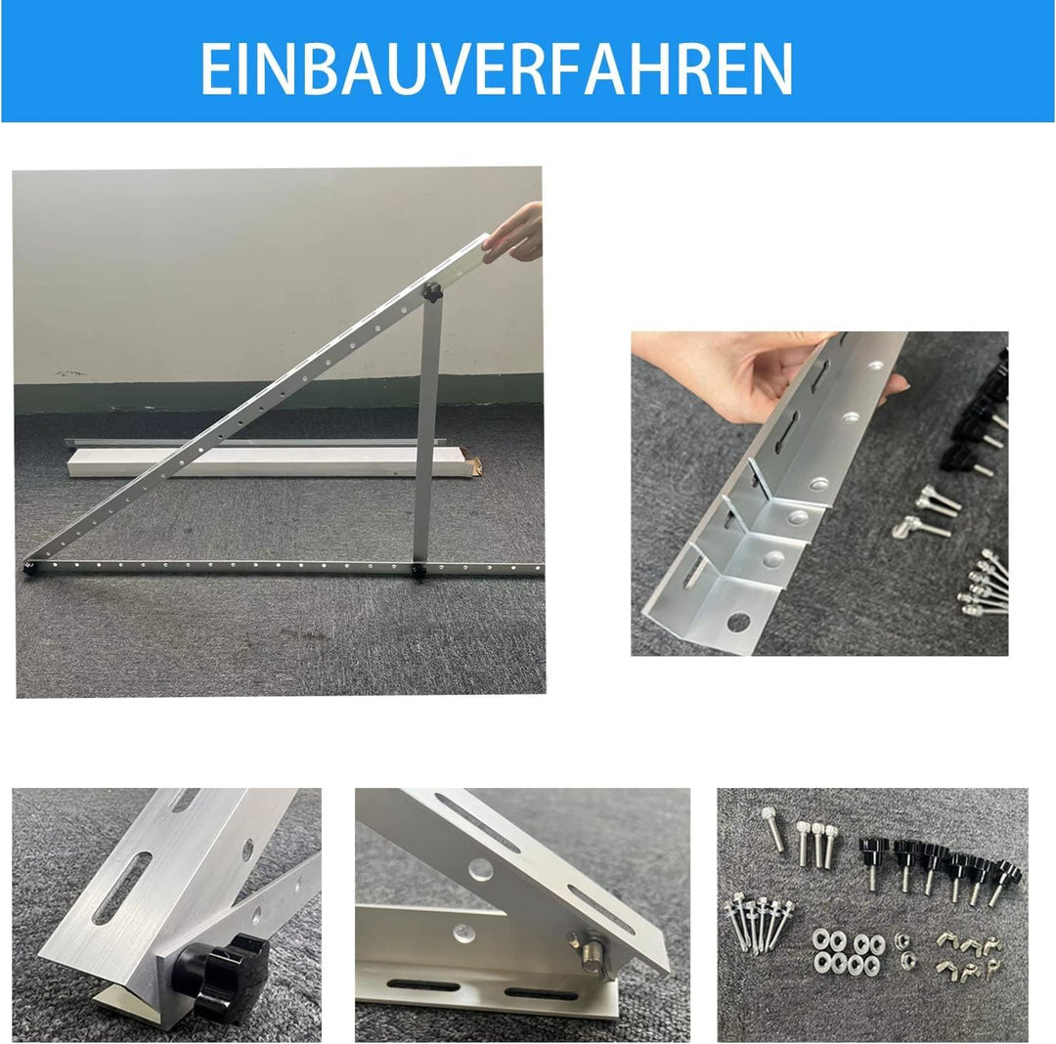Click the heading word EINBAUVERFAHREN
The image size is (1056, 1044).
pos(497,68)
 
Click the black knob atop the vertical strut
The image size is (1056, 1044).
pos(431,293)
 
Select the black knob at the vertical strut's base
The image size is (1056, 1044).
pos(418,572)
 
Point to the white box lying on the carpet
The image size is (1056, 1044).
pos(270,461)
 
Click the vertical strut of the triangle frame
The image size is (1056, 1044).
pos(426,431)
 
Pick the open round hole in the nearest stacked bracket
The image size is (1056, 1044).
pos(738,622)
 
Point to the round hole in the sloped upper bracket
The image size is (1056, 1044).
pos(479,868)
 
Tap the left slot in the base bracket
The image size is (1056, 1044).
pos(423,985)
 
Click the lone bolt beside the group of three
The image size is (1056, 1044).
pos(772,829)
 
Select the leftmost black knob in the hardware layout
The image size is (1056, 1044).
pos(873,861)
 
